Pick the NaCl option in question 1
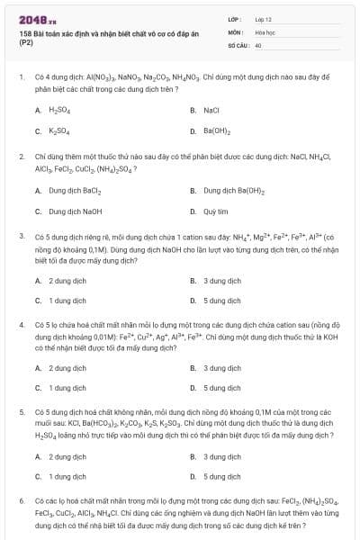pyautogui.click(x=211, y=110)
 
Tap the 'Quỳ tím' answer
pyautogui.click(x=216, y=211)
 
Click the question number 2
pyautogui.click(x=21, y=156)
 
